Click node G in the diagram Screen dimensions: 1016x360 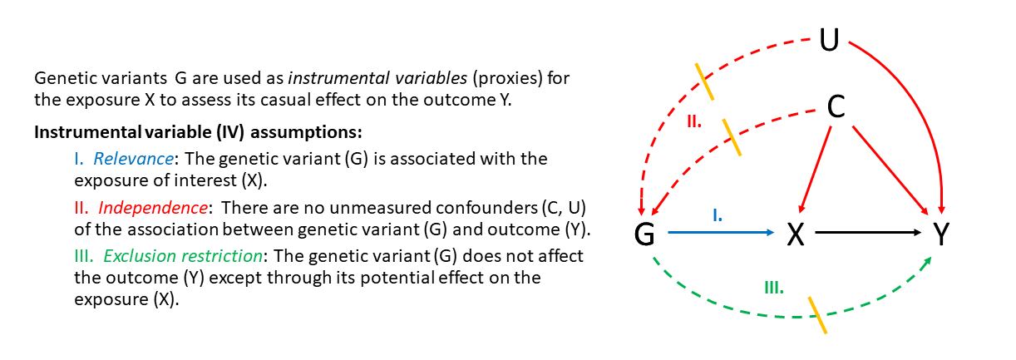(644, 234)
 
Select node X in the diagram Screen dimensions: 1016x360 (795, 234)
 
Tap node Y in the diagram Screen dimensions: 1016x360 (941, 234)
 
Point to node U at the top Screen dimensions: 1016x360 (830, 40)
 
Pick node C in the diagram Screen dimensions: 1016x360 (836, 107)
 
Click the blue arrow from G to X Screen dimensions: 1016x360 (721, 233)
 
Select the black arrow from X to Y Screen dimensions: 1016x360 (868, 233)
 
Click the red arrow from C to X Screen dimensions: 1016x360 (815, 170)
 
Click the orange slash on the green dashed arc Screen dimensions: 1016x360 (817, 316)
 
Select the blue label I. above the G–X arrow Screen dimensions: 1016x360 (718, 216)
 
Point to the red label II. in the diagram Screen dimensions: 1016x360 (694, 121)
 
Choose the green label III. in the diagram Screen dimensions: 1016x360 (774, 288)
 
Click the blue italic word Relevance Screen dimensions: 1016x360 (133, 159)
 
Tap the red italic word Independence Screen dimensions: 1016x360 (153, 208)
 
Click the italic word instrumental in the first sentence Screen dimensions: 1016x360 (338, 78)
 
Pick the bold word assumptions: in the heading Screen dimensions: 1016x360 (306, 132)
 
